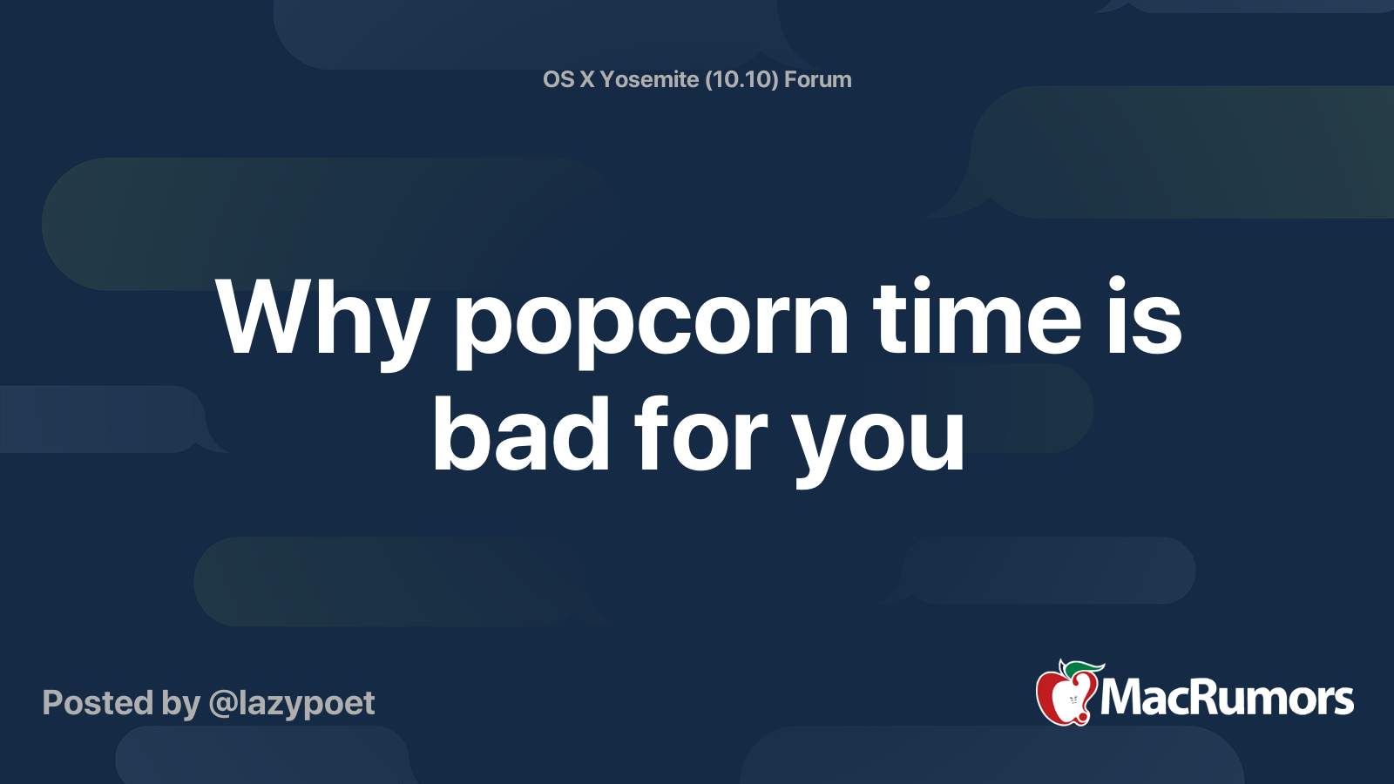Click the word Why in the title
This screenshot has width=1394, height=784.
tap(322, 320)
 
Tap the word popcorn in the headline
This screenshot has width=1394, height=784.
tap(651, 322)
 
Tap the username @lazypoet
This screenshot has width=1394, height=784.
tap(291, 703)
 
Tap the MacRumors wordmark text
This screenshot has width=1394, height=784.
tap(1227, 698)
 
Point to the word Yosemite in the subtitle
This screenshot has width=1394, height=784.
tap(649, 79)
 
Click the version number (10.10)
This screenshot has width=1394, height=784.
tap(741, 79)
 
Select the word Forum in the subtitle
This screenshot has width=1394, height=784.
tap(817, 79)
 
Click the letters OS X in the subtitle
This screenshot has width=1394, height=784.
tap(568, 79)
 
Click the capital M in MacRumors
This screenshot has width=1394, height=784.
tap(1123, 698)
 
